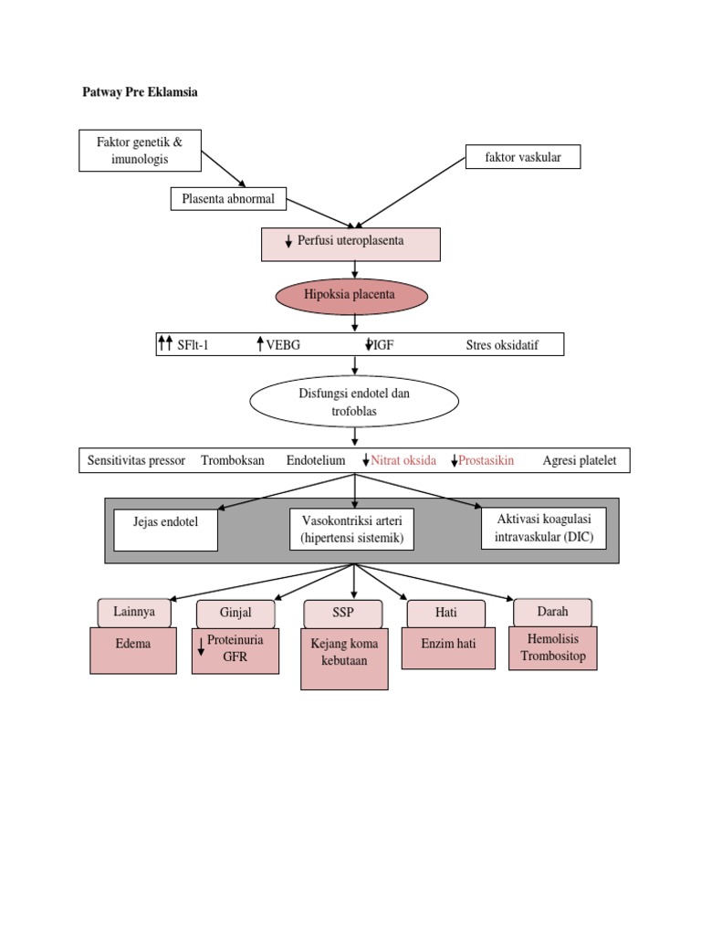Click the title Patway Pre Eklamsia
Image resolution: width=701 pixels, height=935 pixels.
tap(140, 93)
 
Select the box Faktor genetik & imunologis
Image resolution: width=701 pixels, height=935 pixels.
tap(140, 151)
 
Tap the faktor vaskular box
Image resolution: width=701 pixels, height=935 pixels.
tap(523, 157)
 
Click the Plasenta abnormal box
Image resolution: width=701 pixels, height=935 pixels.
tap(228, 198)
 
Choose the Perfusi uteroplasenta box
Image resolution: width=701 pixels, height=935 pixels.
tap(351, 244)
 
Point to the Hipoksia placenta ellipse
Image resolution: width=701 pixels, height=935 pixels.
tap(351, 296)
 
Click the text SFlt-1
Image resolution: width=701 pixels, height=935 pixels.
tap(193, 345)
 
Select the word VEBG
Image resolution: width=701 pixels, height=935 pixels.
tap(283, 345)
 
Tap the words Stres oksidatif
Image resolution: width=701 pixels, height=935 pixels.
tap(502, 345)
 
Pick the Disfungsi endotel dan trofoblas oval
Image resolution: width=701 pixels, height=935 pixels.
tap(354, 403)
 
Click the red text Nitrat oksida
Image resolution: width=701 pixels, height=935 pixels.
tap(403, 460)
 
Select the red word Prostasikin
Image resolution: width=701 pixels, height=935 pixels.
tap(486, 460)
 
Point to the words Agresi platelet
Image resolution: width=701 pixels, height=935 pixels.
tap(580, 460)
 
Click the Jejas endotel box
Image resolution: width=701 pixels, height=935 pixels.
tap(166, 530)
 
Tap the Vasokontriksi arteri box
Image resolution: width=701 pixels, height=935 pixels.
tap(351, 530)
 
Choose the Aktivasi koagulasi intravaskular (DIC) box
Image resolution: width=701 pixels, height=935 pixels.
tap(543, 528)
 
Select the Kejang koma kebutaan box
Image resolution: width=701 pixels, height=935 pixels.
tap(344, 658)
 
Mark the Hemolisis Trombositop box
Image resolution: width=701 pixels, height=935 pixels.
tap(552, 648)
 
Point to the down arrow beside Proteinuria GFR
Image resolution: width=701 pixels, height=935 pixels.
tap(201, 648)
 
